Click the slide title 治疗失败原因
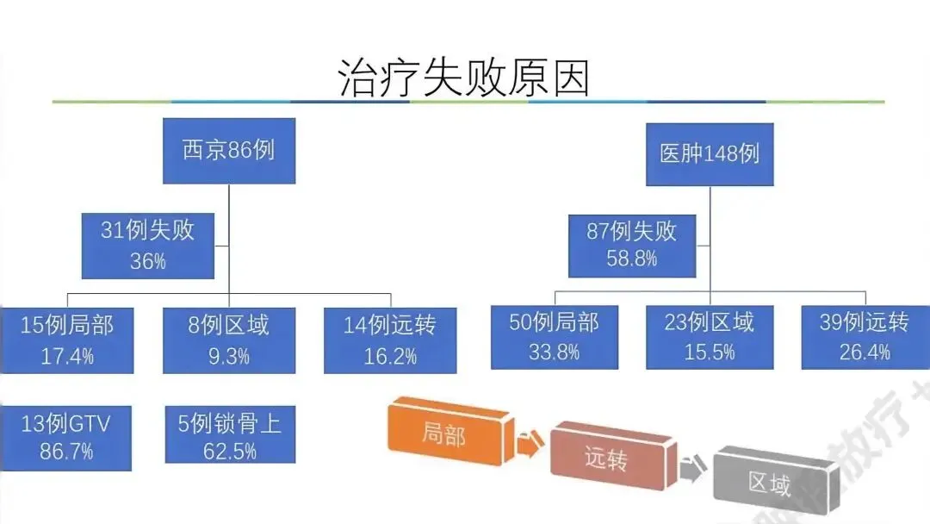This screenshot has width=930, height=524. click(464, 77)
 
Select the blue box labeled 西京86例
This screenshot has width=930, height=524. click(229, 151)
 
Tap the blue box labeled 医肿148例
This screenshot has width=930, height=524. click(710, 154)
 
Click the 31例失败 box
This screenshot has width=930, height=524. click(148, 245)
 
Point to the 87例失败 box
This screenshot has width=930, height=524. click(632, 245)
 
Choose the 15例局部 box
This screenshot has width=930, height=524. click(67, 340)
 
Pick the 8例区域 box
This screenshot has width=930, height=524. click(229, 340)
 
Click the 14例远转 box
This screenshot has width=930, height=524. click(390, 340)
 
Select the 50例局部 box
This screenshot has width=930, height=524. click(555, 337)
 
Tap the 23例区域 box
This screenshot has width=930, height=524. click(710, 337)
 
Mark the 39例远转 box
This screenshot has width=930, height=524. click(865, 337)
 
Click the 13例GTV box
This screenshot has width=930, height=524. click(66, 438)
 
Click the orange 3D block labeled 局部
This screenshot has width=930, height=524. click(448, 433)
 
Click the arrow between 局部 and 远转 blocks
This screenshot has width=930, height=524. click(527, 445)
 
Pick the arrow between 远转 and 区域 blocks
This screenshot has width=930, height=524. click(690, 470)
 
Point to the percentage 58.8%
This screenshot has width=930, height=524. click(632, 258)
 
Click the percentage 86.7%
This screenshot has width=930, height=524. click(66, 451)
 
